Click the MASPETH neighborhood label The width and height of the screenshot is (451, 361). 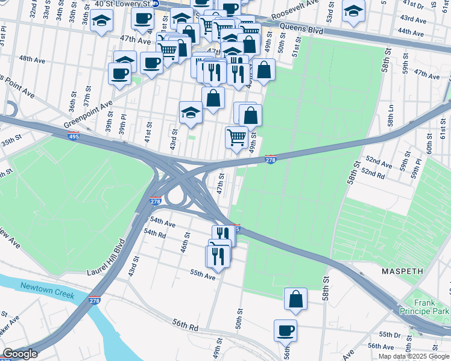pyautogui.click(x=403, y=271)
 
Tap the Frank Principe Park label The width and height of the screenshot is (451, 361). pyautogui.click(x=432, y=307)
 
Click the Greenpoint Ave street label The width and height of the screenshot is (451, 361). pyautogui.click(x=89, y=114)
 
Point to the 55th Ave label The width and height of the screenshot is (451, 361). pyautogui.click(x=203, y=273)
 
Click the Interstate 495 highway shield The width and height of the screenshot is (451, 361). pyautogui.click(x=74, y=136)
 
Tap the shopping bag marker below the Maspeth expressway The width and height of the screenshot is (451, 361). pyautogui.click(x=295, y=298)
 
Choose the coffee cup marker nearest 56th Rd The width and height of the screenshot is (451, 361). pyautogui.click(x=286, y=330)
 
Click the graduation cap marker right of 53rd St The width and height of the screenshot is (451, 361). pyautogui.click(x=353, y=10)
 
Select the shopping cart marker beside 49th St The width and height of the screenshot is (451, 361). pyautogui.click(x=236, y=137)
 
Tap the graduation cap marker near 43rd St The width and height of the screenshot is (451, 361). pyautogui.click(x=191, y=112)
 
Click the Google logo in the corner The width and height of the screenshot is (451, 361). pyautogui.click(x=20, y=354)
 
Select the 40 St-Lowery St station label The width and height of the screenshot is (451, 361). pyautogui.click(x=124, y=4)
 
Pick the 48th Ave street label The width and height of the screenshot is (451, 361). pyautogui.click(x=33, y=59)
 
